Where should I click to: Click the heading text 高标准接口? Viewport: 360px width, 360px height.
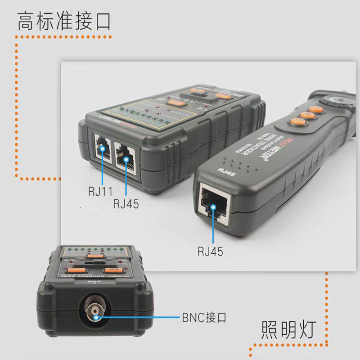tap(64, 22)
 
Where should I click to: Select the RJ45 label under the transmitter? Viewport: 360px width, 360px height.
tap(126, 203)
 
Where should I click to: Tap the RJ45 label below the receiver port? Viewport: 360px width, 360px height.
tap(210, 251)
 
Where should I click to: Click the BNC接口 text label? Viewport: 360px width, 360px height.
tap(204, 318)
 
